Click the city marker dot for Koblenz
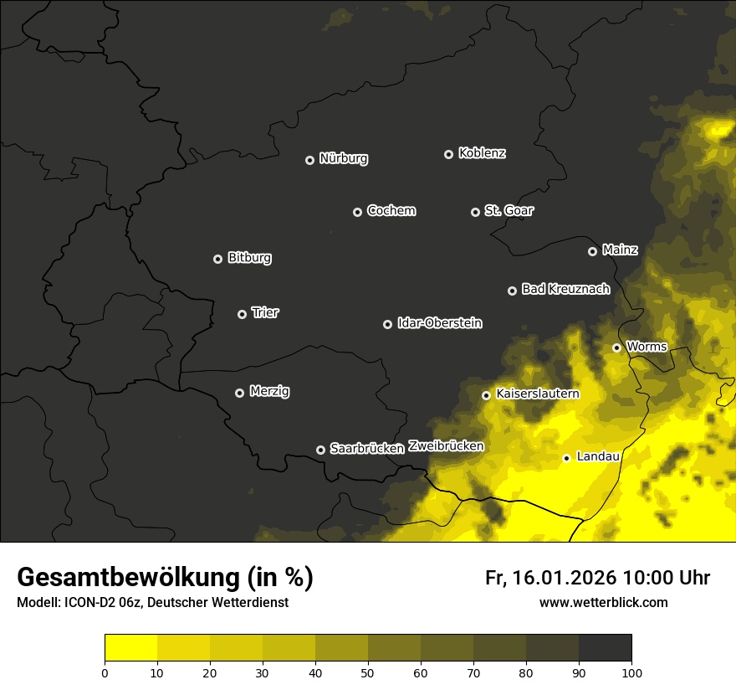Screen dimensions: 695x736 coord(448,154)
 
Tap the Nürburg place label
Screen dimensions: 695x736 coord(343,159)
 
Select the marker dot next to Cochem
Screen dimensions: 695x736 coord(357,212)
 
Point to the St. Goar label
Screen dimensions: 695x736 coord(509,211)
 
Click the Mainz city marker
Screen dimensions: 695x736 coord(592,251)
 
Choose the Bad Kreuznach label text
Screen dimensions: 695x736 coord(565,290)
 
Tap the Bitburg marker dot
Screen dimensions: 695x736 coord(218,259)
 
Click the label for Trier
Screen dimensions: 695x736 coord(265,313)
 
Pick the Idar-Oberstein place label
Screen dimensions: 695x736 coord(439,323)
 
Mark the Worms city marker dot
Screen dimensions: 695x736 coord(616,347)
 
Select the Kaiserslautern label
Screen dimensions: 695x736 coord(537,394)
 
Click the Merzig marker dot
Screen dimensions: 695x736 coord(239,393)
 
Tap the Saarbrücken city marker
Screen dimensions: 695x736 coord(320,450)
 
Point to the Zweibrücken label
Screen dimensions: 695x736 coord(446,446)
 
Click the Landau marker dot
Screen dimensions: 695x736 coord(566,458)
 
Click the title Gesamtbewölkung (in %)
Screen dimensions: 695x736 coord(165,578)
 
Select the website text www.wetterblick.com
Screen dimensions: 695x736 coord(603,602)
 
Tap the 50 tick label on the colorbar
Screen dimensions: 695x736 coord(368,672)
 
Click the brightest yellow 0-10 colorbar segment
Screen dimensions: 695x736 coord(130,648)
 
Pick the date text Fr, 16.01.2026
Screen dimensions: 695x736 coord(550,578)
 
